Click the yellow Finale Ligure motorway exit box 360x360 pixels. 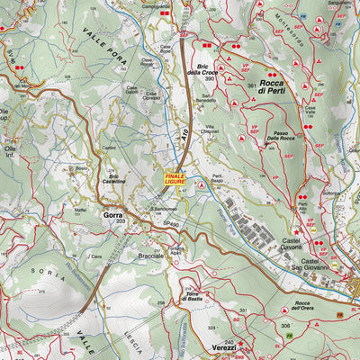(175, 179)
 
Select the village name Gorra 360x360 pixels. (113, 216)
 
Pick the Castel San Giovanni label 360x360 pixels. (315, 261)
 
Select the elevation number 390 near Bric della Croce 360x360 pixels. (209, 80)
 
